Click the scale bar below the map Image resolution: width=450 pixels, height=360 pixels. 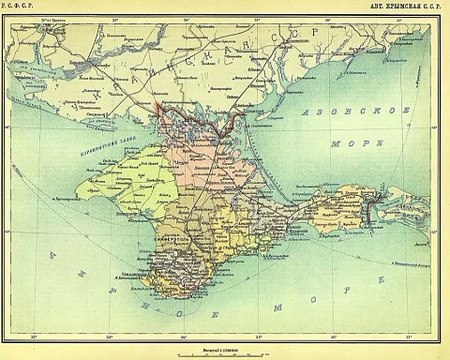coord(226,348)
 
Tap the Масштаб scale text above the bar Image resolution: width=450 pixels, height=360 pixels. coord(225,341)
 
